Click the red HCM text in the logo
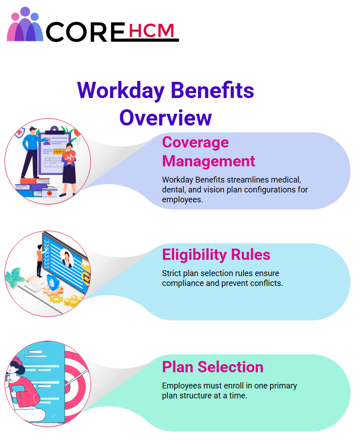tap(151, 31)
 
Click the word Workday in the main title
tap(121, 91)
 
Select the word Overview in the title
tap(166, 118)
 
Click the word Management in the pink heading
tap(209, 161)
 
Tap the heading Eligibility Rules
tap(216, 254)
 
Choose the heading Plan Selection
tap(213, 367)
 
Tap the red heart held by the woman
tap(69, 157)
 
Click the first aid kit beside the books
tap(49, 192)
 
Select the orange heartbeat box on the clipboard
tap(59, 152)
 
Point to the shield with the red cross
tap(20, 133)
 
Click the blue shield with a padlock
tap(53, 282)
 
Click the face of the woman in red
tap(13, 368)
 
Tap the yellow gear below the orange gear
tap(56, 299)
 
